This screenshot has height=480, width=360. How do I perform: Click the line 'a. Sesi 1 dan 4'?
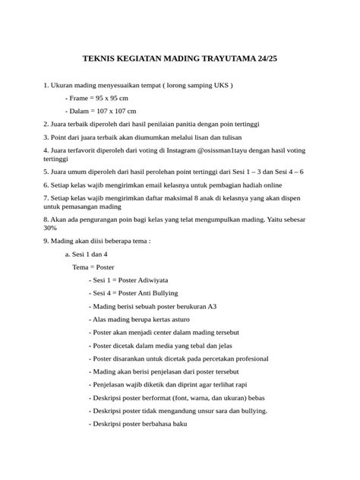[x=86, y=254]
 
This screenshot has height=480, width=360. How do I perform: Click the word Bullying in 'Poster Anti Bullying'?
[x=163, y=292]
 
